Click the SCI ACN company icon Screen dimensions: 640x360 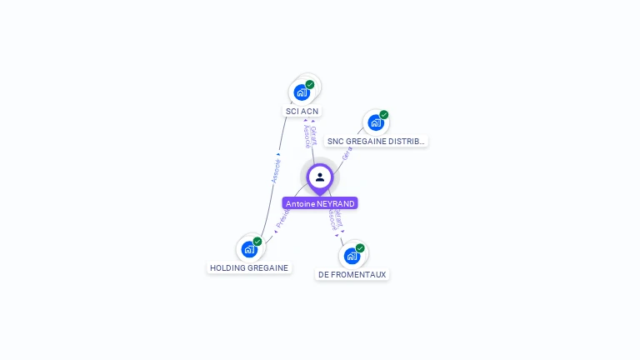pos(302,92)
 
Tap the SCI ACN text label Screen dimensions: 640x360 pos(302,111)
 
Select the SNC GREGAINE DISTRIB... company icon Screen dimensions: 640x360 pos(376,122)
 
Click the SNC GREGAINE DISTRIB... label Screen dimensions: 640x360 pos(376,142)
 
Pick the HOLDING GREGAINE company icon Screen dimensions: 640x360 pos(249,248)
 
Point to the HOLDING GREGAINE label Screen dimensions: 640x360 pos(249,268)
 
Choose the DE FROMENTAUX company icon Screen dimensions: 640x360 pos(352,255)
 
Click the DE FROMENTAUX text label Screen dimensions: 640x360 pos(352,274)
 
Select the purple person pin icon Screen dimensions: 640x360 pos(320,177)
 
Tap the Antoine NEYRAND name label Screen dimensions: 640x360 pos(320,203)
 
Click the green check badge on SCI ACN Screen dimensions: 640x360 pos(310,84)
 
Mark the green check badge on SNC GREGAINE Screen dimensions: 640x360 pos(384,115)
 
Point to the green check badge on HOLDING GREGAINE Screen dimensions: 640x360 pos(257,242)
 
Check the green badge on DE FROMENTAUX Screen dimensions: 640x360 pos(360,248)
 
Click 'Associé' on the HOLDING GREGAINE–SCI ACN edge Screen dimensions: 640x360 pos(275,170)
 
